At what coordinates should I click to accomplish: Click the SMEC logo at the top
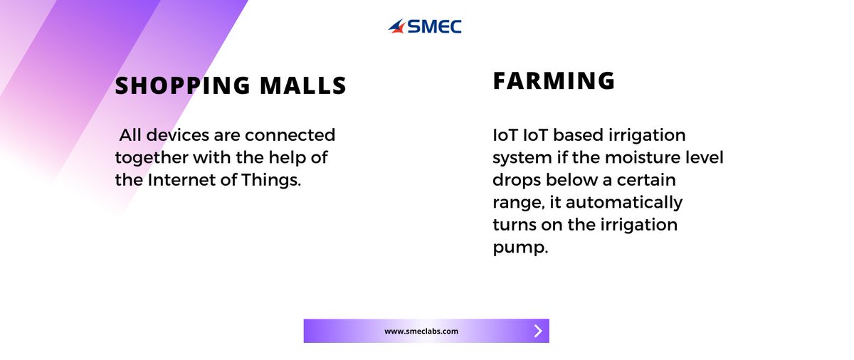pos(425,27)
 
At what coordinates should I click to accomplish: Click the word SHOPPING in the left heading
pos(180,86)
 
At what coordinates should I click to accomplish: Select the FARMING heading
pos(554,81)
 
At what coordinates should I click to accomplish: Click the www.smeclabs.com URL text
pos(421,331)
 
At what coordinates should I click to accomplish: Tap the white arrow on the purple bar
pos(538,331)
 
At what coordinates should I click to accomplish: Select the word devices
pos(175,134)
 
